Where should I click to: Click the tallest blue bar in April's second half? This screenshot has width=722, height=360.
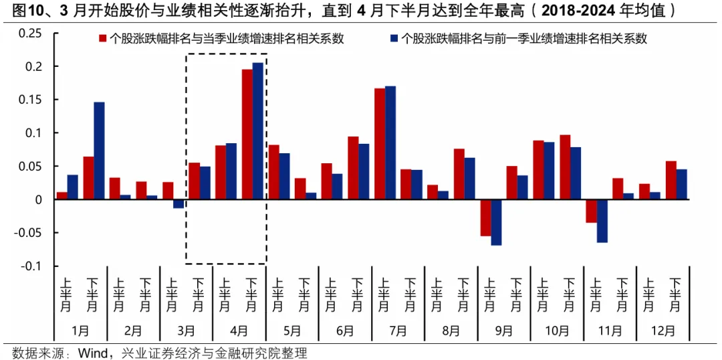coord(257,131)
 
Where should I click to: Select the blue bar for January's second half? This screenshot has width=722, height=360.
coord(99,151)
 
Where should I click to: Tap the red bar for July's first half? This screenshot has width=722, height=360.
coord(379,144)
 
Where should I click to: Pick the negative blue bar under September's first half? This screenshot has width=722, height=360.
coord(496,222)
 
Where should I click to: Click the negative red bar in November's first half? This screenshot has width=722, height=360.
coord(591,211)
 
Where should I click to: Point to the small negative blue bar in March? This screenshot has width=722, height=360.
coord(178,204)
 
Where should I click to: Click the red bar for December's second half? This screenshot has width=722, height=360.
coord(671,181)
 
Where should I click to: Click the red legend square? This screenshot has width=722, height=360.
coord(103,39)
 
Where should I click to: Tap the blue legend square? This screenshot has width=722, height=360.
coord(392,39)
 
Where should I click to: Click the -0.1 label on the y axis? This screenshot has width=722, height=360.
coord(31,266)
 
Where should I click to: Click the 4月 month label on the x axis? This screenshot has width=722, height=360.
coord(239,331)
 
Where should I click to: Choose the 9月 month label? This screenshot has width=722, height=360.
coord(504,331)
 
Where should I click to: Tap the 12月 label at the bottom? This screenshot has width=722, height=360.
coord(663,331)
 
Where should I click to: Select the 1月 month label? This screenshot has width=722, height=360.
coord(80,331)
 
